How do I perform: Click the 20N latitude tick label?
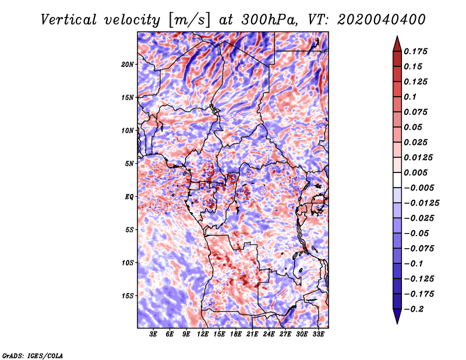pyautogui.click(x=128, y=65)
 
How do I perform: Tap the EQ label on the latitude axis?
pyautogui.click(x=129, y=197)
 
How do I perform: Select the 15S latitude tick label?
pyautogui.click(x=128, y=296)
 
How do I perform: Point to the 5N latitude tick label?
pyautogui.click(x=129, y=164)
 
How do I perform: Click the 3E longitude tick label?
pyautogui.click(x=153, y=334)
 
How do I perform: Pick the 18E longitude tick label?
pyautogui.click(x=236, y=334)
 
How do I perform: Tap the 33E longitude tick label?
pyautogui.click(x=318, y=334)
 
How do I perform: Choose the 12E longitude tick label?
pyautogui.click(x=203, y=334)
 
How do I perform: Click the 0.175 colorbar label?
pyautogui.click(x=415, y=51)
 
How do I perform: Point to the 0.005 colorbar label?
pyautogui.click(x=415, y=172)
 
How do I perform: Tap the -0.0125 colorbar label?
pyautogui.click(x=421, y=203)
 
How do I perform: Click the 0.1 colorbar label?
pyautogui.click(x=410, y=97)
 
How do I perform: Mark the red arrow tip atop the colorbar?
pyautogui.click(x=397, y=36)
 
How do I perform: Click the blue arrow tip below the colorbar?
pyautogui.click(x=397, y=323)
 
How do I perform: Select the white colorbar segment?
pyautogui.click(x=397, y=180)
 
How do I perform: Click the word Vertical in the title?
pyautogui.click(x=69, y=20)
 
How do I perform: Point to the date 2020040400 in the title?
pyautogui.click(x=382, y=20)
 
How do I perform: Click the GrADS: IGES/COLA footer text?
pyautogui.click(x=33, y=355)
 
